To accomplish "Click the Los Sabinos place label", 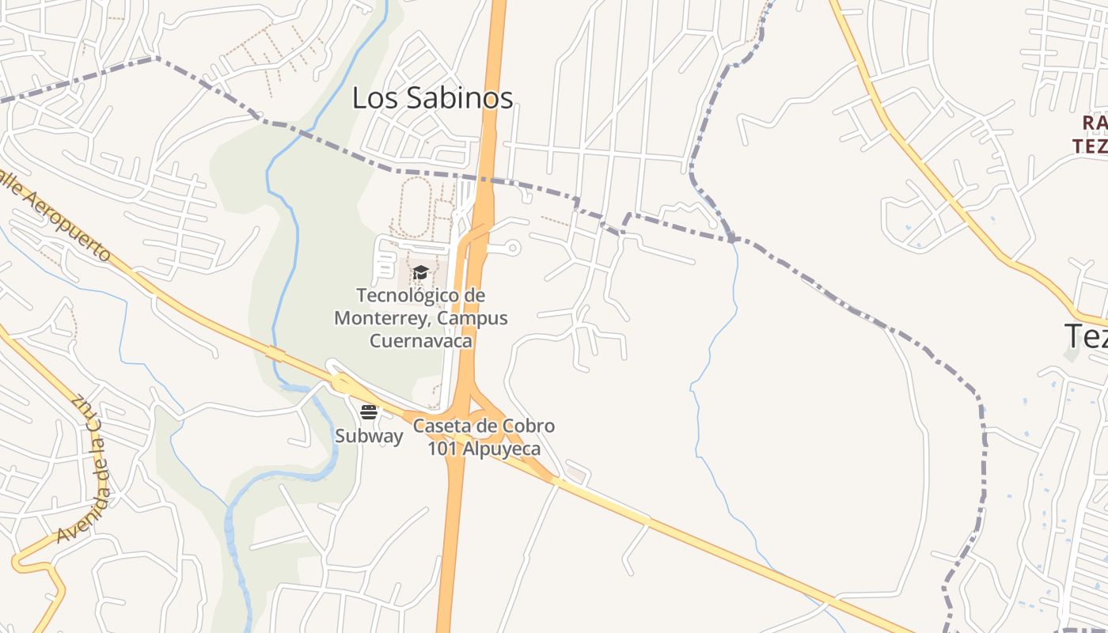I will point(432,98).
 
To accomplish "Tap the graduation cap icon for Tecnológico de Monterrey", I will point(420,273).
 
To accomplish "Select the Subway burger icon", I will point(369,411).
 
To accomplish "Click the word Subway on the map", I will point(369,436).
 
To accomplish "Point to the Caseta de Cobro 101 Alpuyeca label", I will point(484,438).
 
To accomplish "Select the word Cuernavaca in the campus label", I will point(421,341).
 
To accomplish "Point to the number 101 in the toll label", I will point(442,449).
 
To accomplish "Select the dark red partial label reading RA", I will point(1094,123).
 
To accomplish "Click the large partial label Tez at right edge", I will point(1086,336).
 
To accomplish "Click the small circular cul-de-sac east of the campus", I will point(513,248).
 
